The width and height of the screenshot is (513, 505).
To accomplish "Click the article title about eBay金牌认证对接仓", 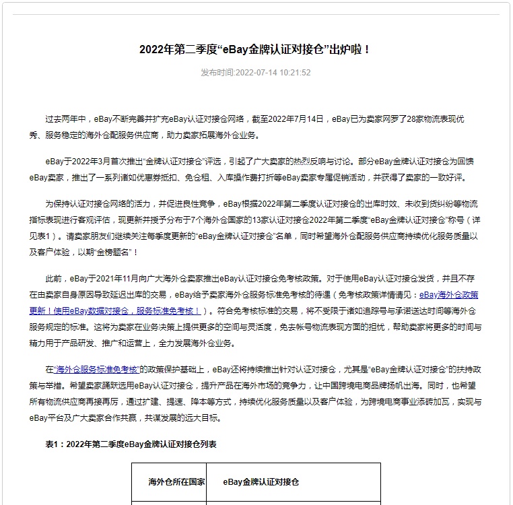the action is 256,49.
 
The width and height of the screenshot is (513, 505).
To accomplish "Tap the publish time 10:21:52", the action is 296,73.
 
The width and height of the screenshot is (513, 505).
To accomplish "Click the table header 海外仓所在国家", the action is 168,482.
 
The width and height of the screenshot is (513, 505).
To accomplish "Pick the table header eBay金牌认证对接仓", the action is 261,482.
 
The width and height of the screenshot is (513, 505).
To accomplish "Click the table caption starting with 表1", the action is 131,444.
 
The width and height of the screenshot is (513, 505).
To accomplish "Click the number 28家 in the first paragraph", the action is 417,119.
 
